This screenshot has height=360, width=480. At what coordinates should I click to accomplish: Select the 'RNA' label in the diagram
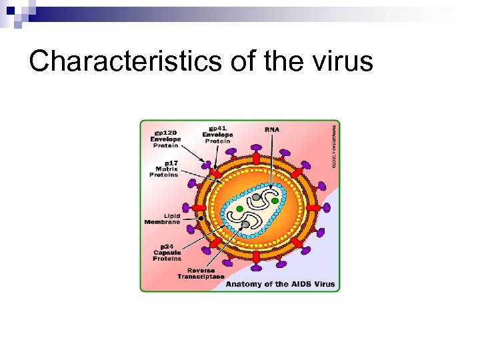pos(271,129)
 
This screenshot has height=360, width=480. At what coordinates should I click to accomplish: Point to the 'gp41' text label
pos(217,127)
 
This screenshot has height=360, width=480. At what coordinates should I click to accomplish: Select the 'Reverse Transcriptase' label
pos(201,273)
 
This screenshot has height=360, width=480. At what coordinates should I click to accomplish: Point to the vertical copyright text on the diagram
pos(333,145)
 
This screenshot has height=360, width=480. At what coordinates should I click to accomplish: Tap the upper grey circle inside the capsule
pos(256,197)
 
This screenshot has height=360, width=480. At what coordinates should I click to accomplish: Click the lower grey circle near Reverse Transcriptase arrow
pos(245,225)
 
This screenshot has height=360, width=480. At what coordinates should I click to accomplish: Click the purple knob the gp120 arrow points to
pos(207,164)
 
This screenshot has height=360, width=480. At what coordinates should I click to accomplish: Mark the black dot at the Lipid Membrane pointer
pos(200,217)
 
